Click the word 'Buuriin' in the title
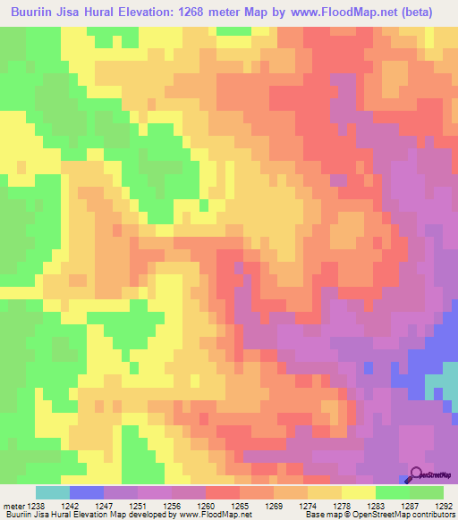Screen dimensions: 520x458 (x=34, y=12)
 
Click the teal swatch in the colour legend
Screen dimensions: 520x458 (x=53, y=492)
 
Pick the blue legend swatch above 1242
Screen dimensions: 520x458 (x=87, y=492)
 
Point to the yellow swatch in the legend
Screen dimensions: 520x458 (x=359, y=492)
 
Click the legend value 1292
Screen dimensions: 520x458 (x=445, y=505)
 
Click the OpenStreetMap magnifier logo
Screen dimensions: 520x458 (x=416, y=475)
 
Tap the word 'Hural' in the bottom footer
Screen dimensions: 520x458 (x=52, y=515)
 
